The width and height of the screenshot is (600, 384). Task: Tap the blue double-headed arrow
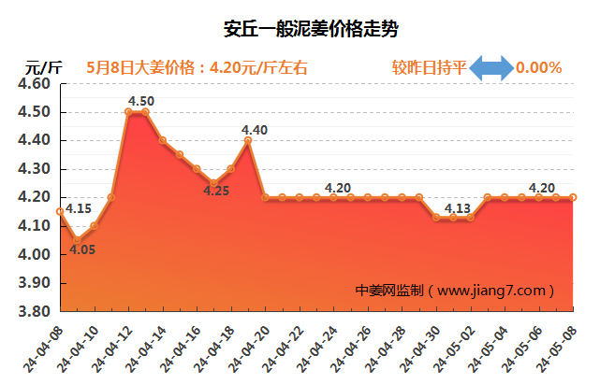(x=490, y=67)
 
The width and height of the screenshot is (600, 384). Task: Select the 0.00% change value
(x=539, y=67)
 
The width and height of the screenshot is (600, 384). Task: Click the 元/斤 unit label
(x=43, y=67)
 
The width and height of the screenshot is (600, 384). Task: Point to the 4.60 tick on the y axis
(x=34, y=84)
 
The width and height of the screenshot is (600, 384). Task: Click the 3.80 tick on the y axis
(x=34, y=311)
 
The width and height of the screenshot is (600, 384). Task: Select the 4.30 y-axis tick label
(x=34, y=169)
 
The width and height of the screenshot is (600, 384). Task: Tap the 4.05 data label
(x=82, y=249)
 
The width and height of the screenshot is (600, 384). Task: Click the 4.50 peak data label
(x=141, y=100)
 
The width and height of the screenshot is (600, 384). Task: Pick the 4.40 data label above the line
(x=255, y=130)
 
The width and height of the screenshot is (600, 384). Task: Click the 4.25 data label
(x=216, y=192)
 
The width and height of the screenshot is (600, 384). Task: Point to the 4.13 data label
(x=457, y=207)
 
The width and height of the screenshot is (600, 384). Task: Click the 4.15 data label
(x=80, y=209)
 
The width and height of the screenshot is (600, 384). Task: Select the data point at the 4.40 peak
(x=248, y=140)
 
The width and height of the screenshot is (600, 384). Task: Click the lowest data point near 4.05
(x=77, y=240)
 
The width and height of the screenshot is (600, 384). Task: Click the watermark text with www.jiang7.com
(x=455, y=291)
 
